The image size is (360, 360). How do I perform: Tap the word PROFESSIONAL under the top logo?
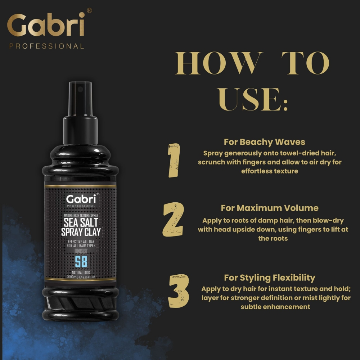pyautogui.click(x=46, y=46)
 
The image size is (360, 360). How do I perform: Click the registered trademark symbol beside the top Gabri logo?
pyautogui.click(x=89, y=11)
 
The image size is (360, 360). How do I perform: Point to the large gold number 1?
pyautogui.click(x=174, y=161)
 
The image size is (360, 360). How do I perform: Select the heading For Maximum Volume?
pyautogui.click(x=269, y=208)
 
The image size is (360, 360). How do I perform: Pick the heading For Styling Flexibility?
pyautogui.click(x=269, y=278)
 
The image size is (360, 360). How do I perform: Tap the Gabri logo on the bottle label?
pyautogui.click(x=81, y=199)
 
